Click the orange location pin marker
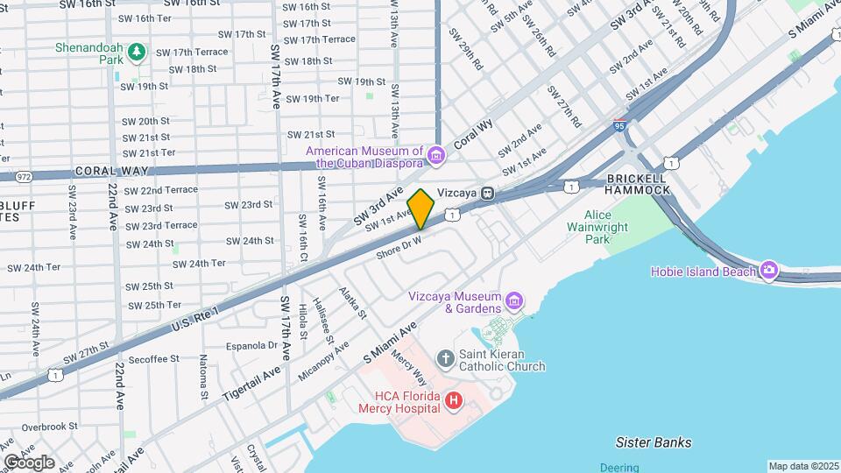pos(421,208)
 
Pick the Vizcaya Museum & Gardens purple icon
pos(514,302)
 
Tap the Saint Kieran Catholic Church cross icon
pos(446,359)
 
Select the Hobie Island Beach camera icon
pos(769,271)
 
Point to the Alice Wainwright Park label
pos(609,227)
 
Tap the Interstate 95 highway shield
pos(620,126)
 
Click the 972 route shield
pos(24,177)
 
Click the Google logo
pos(29,462)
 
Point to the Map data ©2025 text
pos(802,466)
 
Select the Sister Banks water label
pos(653,442)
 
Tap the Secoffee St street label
pos(153,358)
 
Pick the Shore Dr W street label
pos(399,246)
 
